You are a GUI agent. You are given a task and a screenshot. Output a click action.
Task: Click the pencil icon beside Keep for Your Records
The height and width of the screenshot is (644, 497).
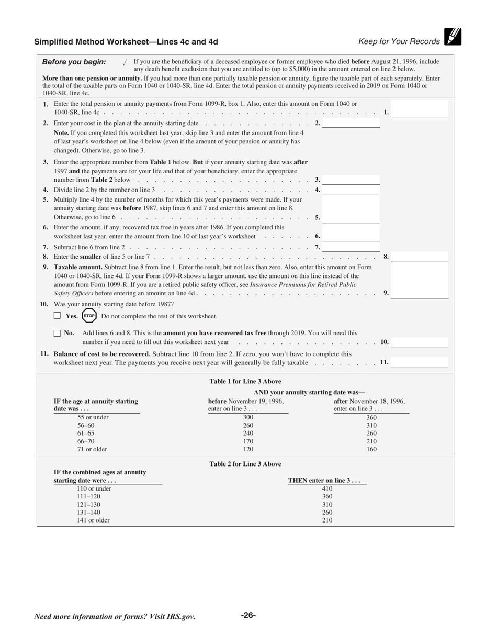tap(453, 37)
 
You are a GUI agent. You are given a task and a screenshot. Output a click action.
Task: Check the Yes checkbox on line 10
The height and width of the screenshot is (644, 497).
tap(58, 316)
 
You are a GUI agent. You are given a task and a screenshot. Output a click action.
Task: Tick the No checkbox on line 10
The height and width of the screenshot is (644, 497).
tap(58, 333)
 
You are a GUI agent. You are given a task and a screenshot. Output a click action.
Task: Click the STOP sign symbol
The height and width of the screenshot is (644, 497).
tap(89, 316)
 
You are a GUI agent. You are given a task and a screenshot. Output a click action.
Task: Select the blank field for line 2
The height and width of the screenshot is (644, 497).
tap(351, 123)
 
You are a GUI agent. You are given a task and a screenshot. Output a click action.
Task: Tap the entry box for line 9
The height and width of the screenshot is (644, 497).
tap(420, 293)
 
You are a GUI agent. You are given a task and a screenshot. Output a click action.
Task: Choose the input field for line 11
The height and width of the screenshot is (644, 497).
tap(420, 362)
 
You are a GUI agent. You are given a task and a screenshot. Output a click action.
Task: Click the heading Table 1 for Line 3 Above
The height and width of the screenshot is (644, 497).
tap(245, 381)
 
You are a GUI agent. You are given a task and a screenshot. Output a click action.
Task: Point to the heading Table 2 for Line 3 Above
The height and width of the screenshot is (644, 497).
tap(245, 464)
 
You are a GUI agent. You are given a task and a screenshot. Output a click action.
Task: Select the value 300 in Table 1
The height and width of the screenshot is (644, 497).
tap(248, 417)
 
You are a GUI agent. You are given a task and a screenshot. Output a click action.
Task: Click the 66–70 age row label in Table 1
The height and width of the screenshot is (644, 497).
tap(86, 441)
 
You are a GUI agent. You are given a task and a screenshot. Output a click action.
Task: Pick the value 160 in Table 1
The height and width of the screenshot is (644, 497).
tap(371, 449)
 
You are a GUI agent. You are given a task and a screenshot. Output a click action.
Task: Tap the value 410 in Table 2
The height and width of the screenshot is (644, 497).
tap(327, 488)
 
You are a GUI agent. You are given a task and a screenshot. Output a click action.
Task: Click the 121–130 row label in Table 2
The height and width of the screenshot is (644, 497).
tap(88, 505)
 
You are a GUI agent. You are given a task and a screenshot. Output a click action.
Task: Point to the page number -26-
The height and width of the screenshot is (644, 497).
tap(248, 615)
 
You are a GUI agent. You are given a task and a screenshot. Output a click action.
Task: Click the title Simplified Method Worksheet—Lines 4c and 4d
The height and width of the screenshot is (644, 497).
tap(126, 42)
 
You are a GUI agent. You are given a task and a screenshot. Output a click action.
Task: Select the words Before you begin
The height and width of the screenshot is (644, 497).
tap(74, 62)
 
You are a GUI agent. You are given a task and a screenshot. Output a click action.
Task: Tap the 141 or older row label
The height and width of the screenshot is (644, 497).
tap(93, 520)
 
